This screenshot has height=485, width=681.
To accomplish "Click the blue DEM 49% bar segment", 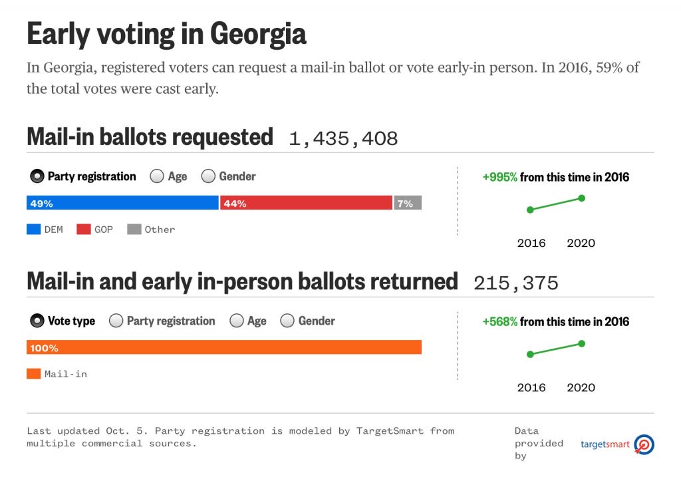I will click(122, 204).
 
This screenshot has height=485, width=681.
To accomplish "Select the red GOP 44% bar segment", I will click(306, 204).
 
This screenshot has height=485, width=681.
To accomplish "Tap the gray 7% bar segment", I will click(408, 204).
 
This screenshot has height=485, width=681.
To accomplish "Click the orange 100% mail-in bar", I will click(224, 347).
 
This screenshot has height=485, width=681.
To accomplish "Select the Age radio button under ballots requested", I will click(157, 176).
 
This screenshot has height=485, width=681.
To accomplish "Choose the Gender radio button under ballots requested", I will click(208, 176).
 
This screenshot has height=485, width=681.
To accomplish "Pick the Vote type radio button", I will click(37, 321).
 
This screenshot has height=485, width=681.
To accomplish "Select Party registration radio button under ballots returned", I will click(116, 321).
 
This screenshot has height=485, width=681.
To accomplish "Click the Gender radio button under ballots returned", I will click(287, 321).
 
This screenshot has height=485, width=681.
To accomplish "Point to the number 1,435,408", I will click(343, 138).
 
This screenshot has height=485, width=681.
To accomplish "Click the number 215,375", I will click(516, 283).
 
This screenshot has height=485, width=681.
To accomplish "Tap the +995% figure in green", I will click(499, 177).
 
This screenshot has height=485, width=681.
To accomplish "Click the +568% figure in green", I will click(499, 321).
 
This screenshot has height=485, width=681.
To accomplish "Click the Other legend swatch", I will click(134, 230).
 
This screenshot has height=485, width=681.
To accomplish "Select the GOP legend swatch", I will click(83, 230).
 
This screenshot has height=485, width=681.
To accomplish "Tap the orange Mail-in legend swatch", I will click(33, 374).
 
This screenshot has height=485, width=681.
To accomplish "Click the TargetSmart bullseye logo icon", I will click(644, 444).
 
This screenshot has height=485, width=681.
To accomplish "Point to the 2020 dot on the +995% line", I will click(582, 198).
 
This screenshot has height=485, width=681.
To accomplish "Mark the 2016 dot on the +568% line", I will click(530, 355).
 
